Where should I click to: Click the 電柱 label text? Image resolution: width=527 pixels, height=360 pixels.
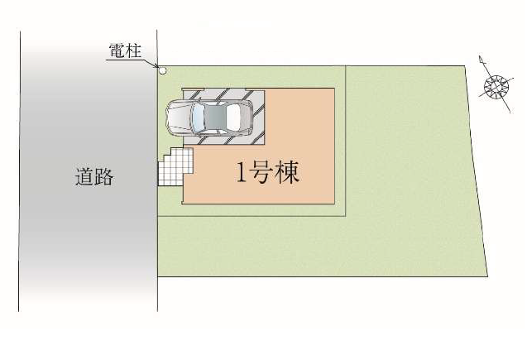click(x=126, y=51)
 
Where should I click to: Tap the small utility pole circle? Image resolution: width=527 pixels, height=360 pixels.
click(x=163, y=70)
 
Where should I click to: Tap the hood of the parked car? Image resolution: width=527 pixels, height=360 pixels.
click(x=179, y=118)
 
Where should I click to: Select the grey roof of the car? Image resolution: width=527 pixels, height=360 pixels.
click(x=218, y=118)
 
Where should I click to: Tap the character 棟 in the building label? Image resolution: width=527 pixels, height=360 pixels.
click(x=286, y=173)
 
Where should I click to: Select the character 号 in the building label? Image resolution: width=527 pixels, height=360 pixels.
click(x=262, y=173)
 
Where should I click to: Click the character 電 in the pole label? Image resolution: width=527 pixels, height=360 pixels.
click(x=117, y=51)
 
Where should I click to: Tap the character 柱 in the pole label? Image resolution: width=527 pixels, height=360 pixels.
click(x=135, y=51)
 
